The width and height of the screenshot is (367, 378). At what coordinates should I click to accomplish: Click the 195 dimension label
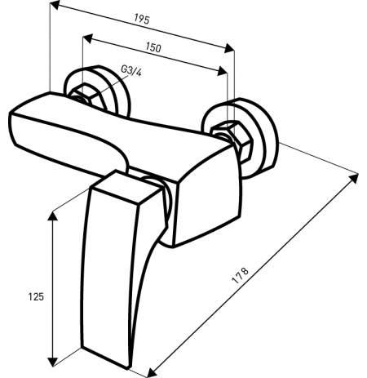click(x=142, y=19)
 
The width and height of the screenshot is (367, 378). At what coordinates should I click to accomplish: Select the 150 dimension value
click(x=153, y=47)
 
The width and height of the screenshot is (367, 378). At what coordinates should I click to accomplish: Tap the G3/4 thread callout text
click(x=131, y=71)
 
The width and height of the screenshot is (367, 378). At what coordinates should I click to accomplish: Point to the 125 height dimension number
click(x=36, y=296)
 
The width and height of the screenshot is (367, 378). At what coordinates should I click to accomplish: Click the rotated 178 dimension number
click(x=240, y=276)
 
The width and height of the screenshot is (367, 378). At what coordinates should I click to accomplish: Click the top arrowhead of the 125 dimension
click(x=52, y=216)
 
